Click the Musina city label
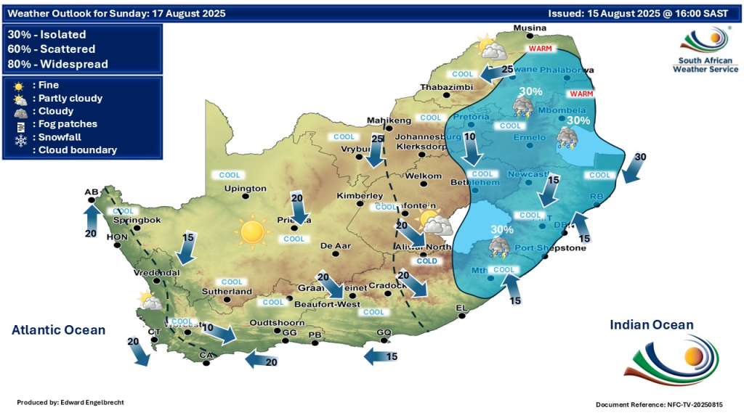[x=529, y=28]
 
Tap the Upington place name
[x=246, y=189]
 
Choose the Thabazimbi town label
[x=445, y=89]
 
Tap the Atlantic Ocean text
[x=58, y=330]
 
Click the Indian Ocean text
[x=651, y=325]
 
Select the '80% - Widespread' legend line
[x=57, y=64]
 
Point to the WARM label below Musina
[x=540, y=49]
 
